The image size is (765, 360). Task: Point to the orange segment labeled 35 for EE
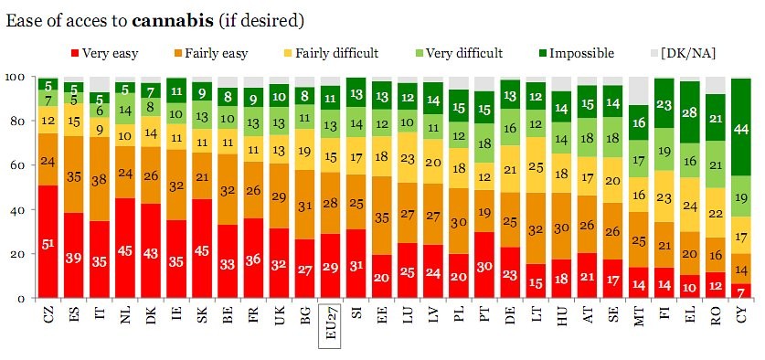(384, 216)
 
